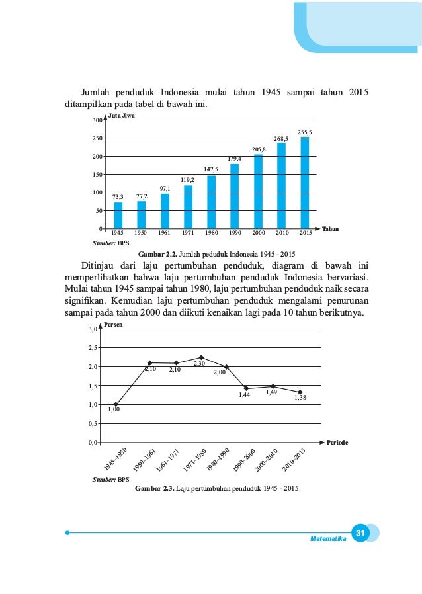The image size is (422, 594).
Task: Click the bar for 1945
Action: pos(118,215)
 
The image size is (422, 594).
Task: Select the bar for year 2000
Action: pos(258,191)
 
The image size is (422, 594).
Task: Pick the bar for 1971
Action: pos(188,207)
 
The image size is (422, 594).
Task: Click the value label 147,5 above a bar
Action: pos(211,169)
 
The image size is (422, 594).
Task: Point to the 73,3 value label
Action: pos(118,196)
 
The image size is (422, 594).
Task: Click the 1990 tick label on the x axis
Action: pos(235,233)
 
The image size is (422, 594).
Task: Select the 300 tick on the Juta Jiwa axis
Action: pos(97,120)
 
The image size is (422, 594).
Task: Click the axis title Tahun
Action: pos(331,229)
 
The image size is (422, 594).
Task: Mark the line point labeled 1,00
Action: pos(116,404)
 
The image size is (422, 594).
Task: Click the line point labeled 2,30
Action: pos(201,357)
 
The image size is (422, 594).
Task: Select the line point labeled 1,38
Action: pos(300,392)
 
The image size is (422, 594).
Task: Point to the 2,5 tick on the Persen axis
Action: pos(93,348)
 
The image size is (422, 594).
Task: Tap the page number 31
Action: pos(360,534)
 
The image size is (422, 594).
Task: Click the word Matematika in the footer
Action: pos(328,539)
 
